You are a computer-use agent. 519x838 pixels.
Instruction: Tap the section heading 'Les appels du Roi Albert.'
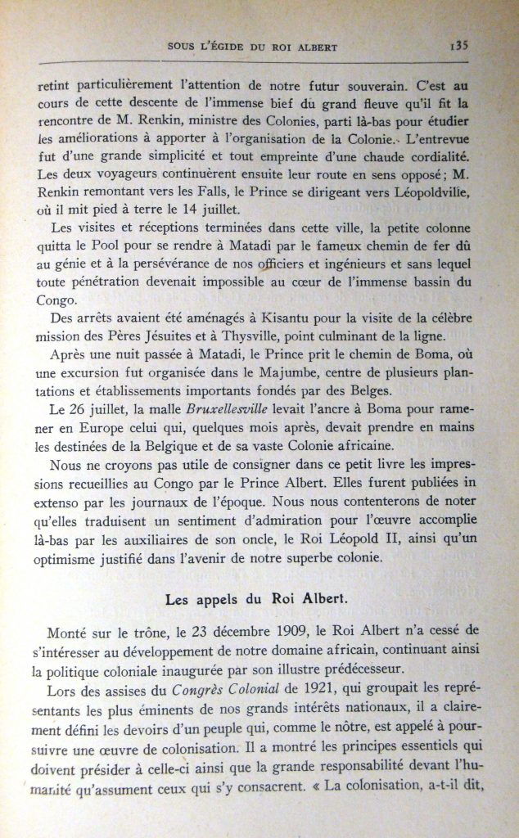(x=259, y=600)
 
